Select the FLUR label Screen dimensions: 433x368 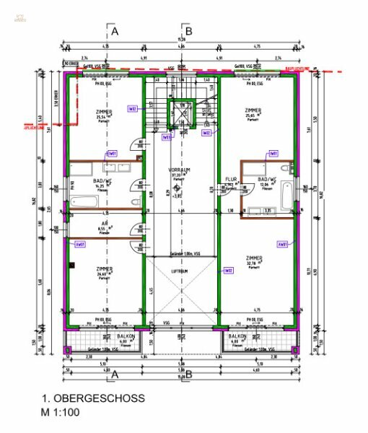pyautogui.click(x=231, y=179)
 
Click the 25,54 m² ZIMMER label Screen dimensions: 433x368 pyautogui.click(x=105, y=113)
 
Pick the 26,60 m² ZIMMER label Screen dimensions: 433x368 pyautogui.click(x=105, y=270)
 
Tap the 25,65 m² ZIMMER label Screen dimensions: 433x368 pyautogui.click(x=253, y=110)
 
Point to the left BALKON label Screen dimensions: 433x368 pyautogui.click(x=125, y=337)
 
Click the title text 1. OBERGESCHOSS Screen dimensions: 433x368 pyautogui.click(x=93, y=398)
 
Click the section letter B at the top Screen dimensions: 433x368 pyautogui.click(x=188, y=31)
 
